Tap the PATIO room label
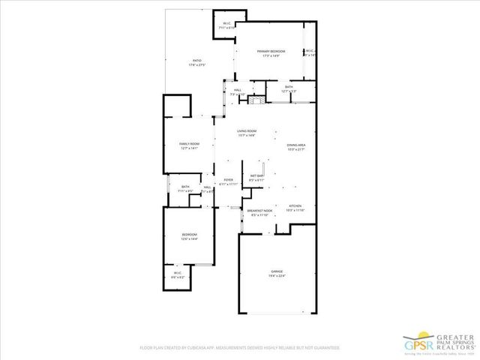coord(196,61)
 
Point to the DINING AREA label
coord(295,145)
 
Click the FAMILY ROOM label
coord(189,143)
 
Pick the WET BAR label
coord(256,176)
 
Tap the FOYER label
coord(229,180)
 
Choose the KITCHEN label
coord(295,206)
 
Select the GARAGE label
coord(277,271)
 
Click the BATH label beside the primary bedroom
coord(289,87)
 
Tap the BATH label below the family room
coord(184,187)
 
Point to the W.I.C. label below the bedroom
coord(178,273)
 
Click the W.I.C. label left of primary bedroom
coord(226,23)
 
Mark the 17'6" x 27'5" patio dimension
coord(196,65)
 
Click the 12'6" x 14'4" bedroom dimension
coord(189,239)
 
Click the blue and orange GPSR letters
coord(420,344)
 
